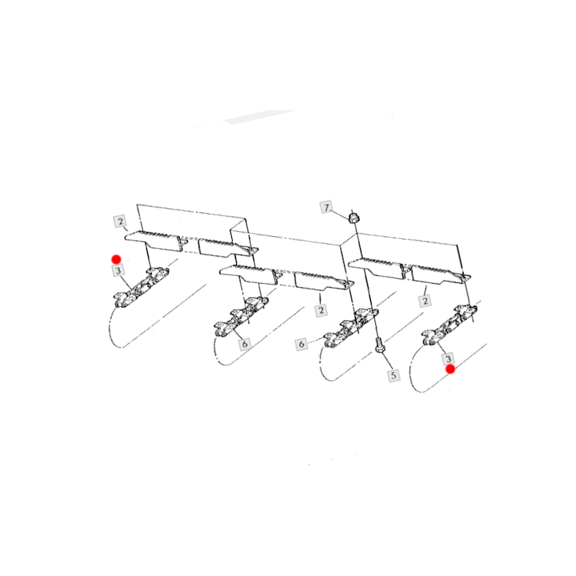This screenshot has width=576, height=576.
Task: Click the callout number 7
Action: click(326, 207)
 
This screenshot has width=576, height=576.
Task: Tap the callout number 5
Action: click(394, 375)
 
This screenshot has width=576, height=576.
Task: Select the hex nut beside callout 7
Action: click(354, 217)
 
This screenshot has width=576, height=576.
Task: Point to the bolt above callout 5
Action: click(379, 345)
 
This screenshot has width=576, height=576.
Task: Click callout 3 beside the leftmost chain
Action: click(118, 271)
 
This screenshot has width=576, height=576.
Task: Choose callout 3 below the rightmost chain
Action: click(448, 358)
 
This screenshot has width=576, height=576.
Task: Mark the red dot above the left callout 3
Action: click(117, 260)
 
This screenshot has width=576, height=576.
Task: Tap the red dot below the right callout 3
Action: click(451, 369)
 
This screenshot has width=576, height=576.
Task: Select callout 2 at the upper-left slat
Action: click(120, 222)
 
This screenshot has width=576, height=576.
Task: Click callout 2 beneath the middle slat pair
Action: click(321, 310)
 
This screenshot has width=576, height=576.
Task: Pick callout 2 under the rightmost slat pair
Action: click(425, 301)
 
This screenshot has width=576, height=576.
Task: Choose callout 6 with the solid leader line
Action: click(245, 344)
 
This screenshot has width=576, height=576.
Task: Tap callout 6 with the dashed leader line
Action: click(301, 344)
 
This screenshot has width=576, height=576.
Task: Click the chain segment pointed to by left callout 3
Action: click(141, 287)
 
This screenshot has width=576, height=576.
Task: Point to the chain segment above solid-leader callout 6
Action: click(241, 316)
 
